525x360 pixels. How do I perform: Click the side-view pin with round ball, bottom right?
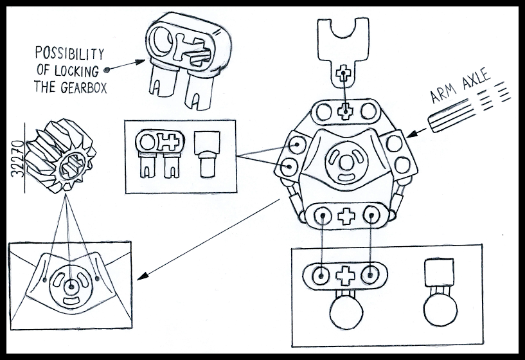coord(440,296)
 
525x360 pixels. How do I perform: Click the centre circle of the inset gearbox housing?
coord(71,285)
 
